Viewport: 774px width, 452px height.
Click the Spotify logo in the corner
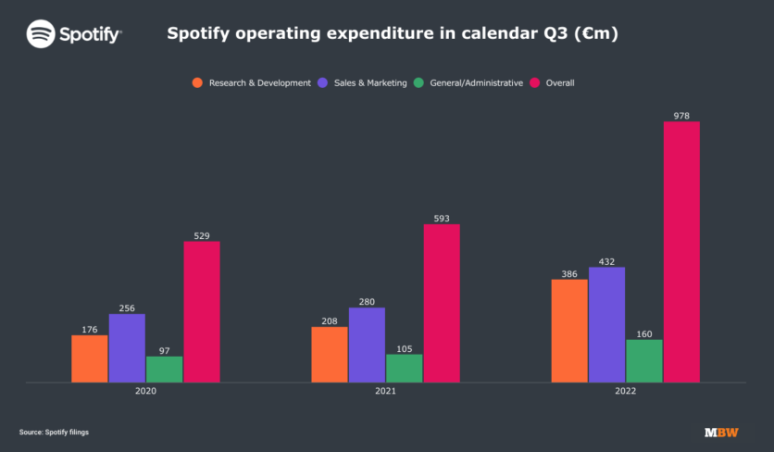pyautogui.click(x=74, y=34)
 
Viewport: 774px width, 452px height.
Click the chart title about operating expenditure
pyautogui.click(x=393, y=34)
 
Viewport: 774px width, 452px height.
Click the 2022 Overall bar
pyautogui.click(x=681, y=252)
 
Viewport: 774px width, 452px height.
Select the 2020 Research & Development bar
pyautogui.click(x=90, y=358)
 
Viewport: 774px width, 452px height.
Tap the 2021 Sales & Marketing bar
pyautogui.click(x=367, y=345)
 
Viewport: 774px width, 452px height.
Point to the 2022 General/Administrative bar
pyautogui.click(x=644, y=360)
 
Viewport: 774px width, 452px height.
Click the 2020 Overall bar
pyautogui.click(x=202, y=311)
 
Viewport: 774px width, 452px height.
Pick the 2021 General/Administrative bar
pyautogui.click(x=405, y=368)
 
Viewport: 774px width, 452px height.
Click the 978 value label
pyautogui.click(x=681, y=116)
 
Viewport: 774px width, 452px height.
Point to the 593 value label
pyautogui.click(x=442, y=219)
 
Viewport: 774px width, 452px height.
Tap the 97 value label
pyautogui.click(x=164, y=351)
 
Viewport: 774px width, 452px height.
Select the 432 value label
pyautogui.click(x=606, y=262)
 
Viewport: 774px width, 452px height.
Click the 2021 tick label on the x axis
pyautogui.click(x=386, y=393)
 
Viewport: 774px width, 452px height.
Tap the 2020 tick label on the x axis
pyautogui.click(x=145, y=393)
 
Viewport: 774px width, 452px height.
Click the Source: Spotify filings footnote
pyautogui.click(x=54, y=432)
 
